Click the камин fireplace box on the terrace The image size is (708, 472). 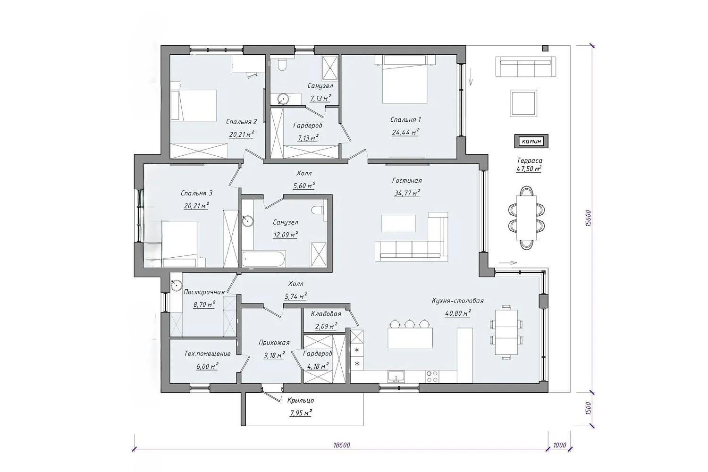point(531,141)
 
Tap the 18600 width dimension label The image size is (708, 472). point(342,445)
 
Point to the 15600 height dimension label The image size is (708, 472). point(588,218)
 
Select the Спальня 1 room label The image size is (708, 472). point(405,119)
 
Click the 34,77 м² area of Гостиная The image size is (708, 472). point(407,193)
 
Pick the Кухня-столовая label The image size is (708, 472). point(458,301)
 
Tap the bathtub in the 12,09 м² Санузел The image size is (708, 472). point(264,259)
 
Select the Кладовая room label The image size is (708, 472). point(326,314)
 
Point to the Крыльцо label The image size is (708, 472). point(301,400)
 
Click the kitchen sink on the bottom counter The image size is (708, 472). point(396,376)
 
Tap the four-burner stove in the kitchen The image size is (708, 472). point(432,376)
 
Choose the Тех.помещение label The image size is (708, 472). point(207,354)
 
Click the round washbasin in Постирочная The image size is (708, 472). point(176,286)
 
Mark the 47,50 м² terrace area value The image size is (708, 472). point(529,169)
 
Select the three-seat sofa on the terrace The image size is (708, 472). point(526,66)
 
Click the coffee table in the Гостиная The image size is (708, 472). point(398,224)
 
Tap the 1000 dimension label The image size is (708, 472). point(560,445)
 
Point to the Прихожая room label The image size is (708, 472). point(274,343)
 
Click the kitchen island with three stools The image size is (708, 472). point(410,337)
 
